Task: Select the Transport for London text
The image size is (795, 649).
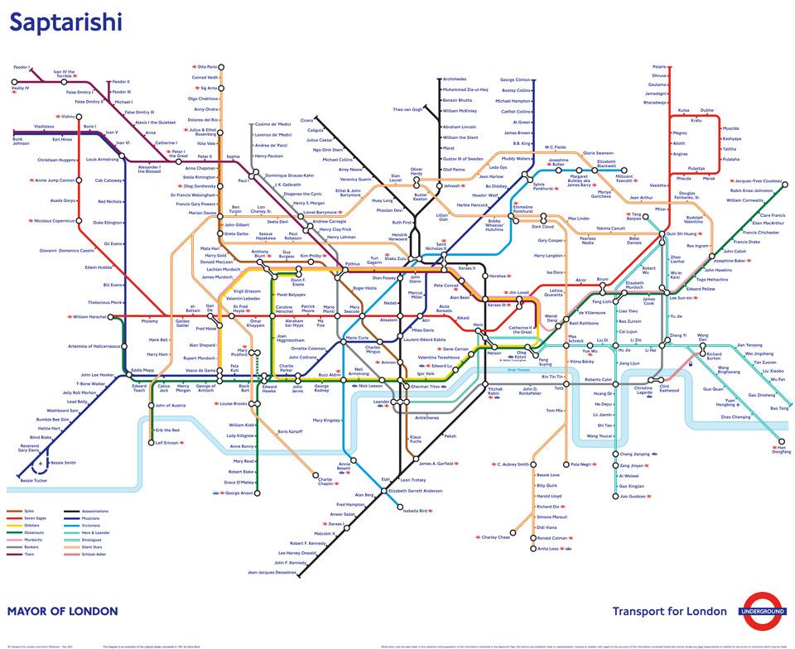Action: (x=669, y=612)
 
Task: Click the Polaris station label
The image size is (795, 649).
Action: (x=659, y=66)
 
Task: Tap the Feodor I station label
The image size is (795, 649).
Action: (x=22, y=66)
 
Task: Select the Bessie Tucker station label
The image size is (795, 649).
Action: (x=33, y=480)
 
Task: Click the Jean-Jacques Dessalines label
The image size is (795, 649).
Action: (x=272, y=572)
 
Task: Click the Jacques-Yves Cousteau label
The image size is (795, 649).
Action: (x=758, y=180)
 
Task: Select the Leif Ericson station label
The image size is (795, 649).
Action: (x=166, y=443)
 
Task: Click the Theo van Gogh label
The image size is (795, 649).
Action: (x=407, y=109)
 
